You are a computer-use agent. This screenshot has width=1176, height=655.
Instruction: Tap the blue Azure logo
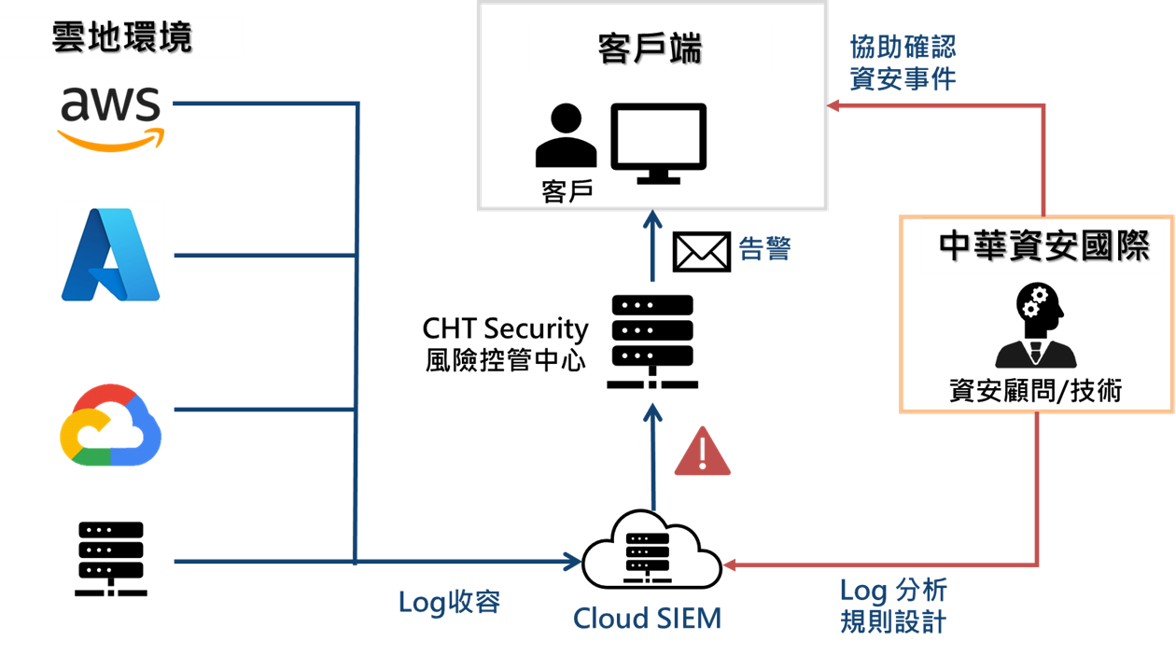[111, 255]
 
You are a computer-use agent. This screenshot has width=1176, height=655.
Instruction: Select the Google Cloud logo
[110, 425]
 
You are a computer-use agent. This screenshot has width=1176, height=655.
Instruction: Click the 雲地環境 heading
[122, 38]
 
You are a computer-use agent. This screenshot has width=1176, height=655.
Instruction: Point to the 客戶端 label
[650, 49]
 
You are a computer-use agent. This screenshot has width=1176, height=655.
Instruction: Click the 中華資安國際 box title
[1043, 246]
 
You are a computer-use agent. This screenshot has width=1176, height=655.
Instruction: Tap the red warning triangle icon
[702, 452]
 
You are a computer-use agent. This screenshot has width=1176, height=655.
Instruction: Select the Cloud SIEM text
[647, 618]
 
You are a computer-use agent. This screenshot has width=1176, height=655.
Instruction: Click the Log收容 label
[449, 602]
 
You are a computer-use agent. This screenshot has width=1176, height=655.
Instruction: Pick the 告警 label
[764, 249]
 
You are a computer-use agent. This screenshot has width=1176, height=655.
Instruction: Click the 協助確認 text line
[903, 47]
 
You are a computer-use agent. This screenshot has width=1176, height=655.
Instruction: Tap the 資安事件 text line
[903, 78]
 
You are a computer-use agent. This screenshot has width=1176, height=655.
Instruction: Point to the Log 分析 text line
[893, 590]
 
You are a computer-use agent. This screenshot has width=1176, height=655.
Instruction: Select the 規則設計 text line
[893, 620]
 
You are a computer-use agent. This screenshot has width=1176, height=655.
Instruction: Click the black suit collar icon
[1036, 355]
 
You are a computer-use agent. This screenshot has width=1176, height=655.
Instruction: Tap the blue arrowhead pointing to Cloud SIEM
[571, 562]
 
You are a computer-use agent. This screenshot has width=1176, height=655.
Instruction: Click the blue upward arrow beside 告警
[652, 246]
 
